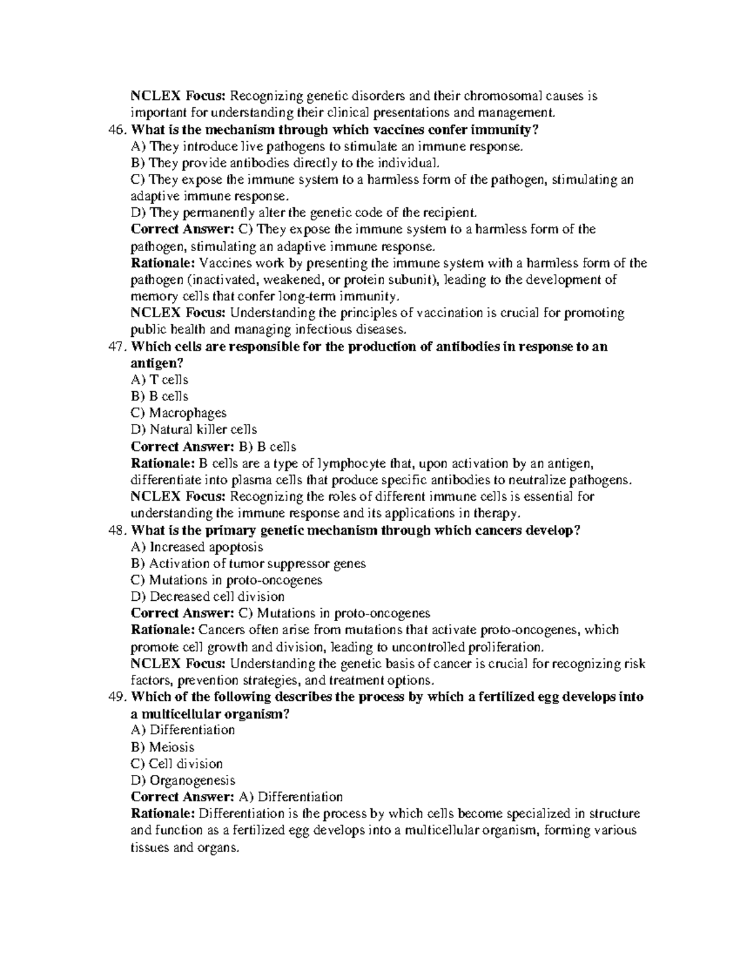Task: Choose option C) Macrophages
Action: [x=179, y=413]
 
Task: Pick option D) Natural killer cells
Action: [x=194, y=430]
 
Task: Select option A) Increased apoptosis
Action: [x=197, y=547]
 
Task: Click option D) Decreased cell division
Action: [x=208, y=597]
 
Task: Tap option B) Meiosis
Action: [x=163, y=747]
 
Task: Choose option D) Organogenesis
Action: [x=183, y=780]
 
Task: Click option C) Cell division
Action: [x=177, y=764]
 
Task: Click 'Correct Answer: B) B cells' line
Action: [x=213, y=447]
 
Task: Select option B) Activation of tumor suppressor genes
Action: [x=249, y=564]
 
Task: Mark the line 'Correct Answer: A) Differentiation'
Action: [x=237, y=797]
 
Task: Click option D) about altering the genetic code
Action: [x=304, y=213]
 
